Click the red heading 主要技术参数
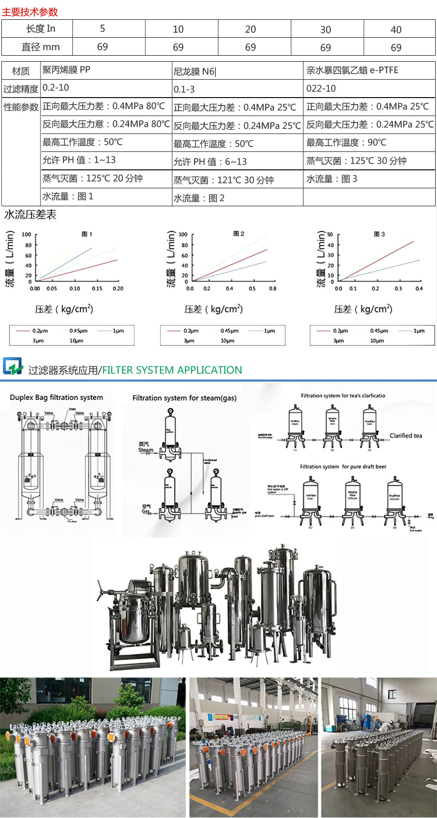coord(30,12)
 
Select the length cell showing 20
coord(250,29)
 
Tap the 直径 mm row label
coord(40,47)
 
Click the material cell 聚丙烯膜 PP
coord(66,70)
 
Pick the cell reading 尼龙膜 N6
coord(194,71)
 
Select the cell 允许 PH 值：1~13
coord(79,160)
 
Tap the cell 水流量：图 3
coord(332,179)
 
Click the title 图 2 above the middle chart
coord(238,234)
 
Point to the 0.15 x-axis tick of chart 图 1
coord(97,289)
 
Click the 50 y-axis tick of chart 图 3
coord(330,234)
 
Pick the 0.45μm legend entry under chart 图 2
coord(229,331)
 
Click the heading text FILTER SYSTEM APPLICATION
coord(172,370)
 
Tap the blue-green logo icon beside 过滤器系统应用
coord(13,366)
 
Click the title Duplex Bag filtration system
coord(56,397)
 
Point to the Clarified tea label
coord(405,435)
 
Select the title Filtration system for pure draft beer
coord(343,466)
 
